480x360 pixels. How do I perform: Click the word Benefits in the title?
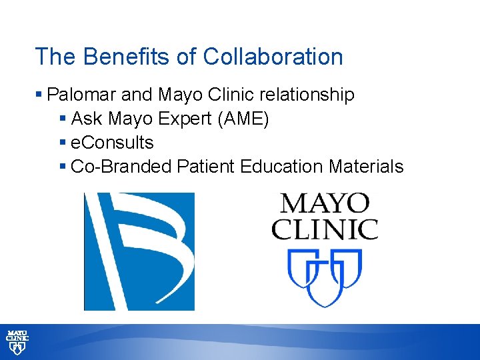pyautogui.click(x=114, y=57)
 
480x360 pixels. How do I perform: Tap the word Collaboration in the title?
pyautogui.click(x=273, y=57)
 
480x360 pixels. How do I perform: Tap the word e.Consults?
pyautogui.click(x=112, y=143)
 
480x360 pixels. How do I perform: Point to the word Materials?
pyautogui.click(x=366, y=166)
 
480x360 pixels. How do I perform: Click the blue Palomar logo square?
pyautogui.click(x=139, y=251)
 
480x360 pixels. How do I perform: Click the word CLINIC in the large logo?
pyautogui.click(x=325, y=229)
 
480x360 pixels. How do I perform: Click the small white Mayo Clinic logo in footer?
pyautogui.click(x=17, y=342)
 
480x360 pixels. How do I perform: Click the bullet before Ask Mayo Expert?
pyautogui.click(x=63, y=120)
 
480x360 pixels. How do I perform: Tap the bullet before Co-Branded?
pyautogui.click(x=63, y=167)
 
